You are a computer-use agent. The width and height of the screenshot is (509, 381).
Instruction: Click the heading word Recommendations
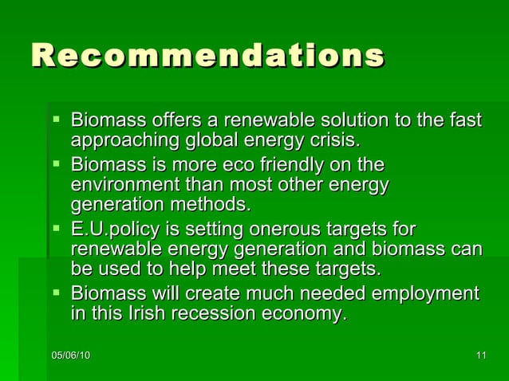(x=207, y=56)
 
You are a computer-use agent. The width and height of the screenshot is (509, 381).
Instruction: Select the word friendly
(x=306, y=166)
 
